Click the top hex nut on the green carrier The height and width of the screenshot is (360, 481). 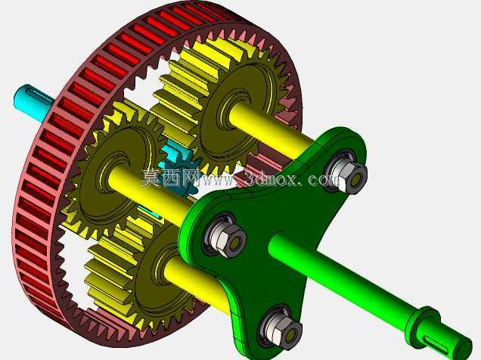coord(350,175)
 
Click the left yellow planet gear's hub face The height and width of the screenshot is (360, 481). coord(116,175)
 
